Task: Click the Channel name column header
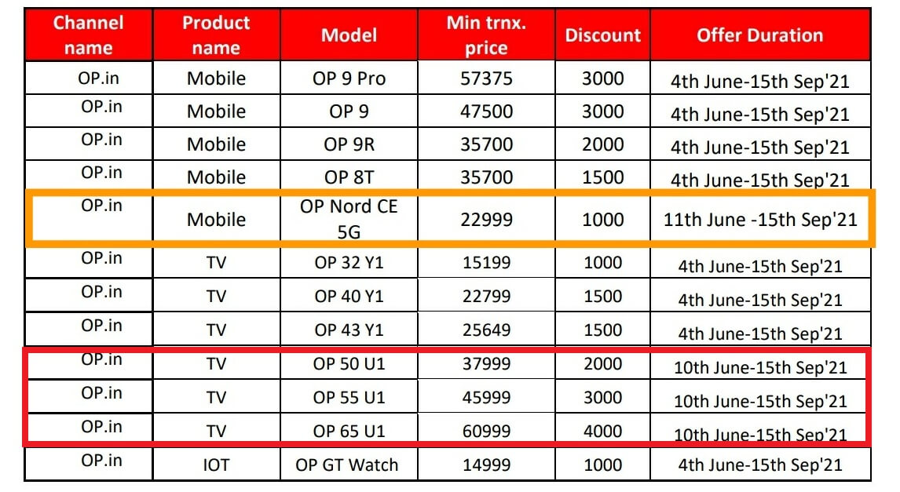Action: pyautogui.click(x=89, y=35)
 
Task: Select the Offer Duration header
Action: pyautogui.click(x=760, y=35)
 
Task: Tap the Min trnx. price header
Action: pyautogui.click(x=486, y=35)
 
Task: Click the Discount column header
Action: pyautogui.click(x=602, y=35)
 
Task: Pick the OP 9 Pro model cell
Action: pyautogui.click(x=349, y=78)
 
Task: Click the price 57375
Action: pyautogui.click(x=486, y=78)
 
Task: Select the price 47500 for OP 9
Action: pyautogui.click(x=486, y=111)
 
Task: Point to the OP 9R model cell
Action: pyautogui.click(x=349, y=144)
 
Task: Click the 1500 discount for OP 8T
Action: pyautogui.click(x=602, y=177)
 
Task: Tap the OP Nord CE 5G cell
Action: pyautogui.click(x=349, y=219)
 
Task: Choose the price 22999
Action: pyautogui.click(x=486, y=220)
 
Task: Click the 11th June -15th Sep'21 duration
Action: pyautogui.click(x=760, y=220)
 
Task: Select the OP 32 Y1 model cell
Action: pyautogui.click(x=349, y=263)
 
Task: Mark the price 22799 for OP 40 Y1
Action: pyautogui.click(x=486, y=297)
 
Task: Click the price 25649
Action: pyautogui.click(x=486, y=330)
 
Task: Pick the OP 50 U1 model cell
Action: pyautogui.click(x=349, y=364)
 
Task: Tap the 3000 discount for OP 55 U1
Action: pyautogui.click(x=602, y=397)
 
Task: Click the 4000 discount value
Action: pyautogui.click(x=602, y=432)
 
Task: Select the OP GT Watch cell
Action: pyautogui.click(x=346, y=465)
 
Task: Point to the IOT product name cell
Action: pyautogui.click(x=216, y=465)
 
